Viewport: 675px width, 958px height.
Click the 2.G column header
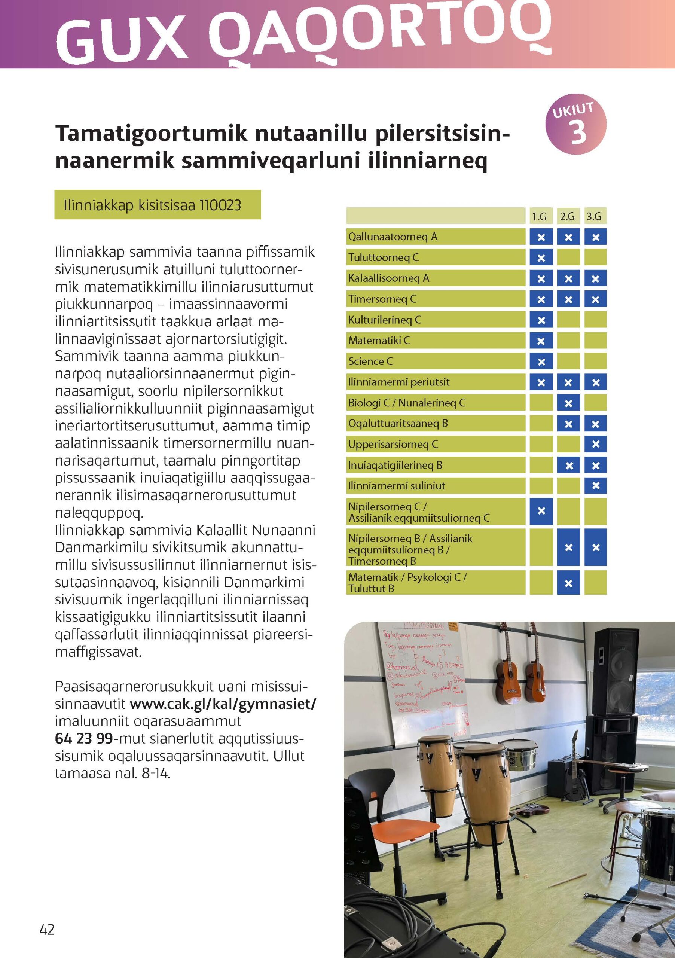567,217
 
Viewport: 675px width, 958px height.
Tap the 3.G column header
595,217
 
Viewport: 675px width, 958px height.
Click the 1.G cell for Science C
541,361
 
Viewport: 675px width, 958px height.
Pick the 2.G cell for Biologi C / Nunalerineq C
568,403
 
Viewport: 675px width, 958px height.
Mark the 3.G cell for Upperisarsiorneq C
595,444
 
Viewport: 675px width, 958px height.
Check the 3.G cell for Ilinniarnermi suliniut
595,486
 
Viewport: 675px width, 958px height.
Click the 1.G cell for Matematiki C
541,341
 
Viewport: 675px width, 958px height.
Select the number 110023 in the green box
220,205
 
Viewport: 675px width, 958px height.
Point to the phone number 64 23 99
83,739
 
